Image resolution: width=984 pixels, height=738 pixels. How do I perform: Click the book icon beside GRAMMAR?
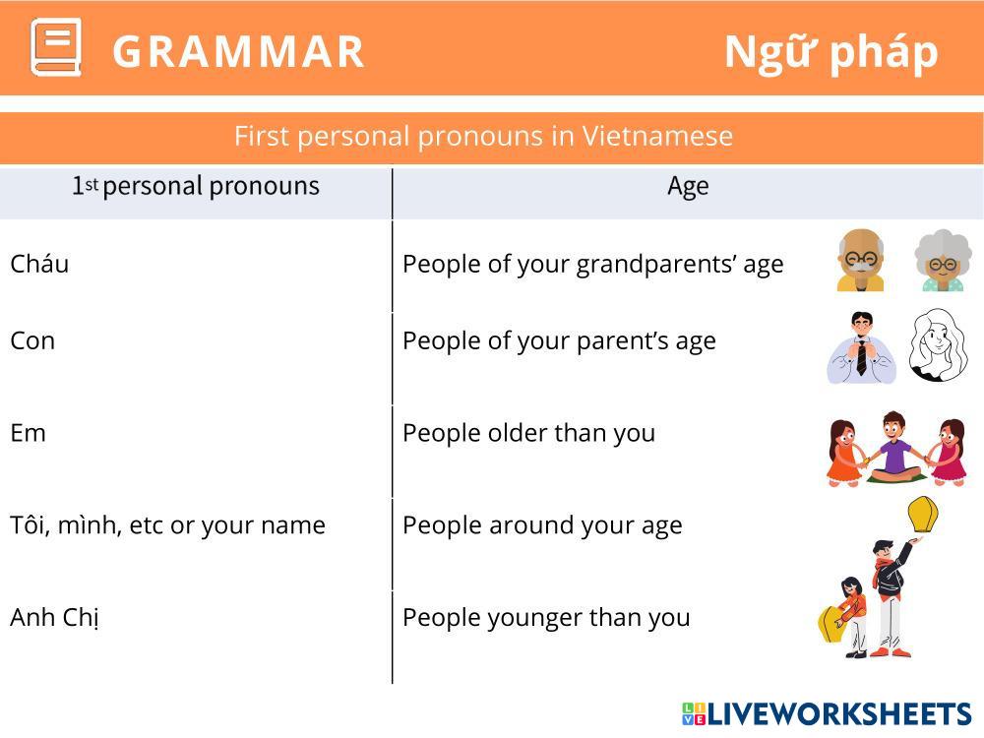pos(56,47)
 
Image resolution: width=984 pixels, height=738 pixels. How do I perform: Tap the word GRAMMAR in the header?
pos(238,51)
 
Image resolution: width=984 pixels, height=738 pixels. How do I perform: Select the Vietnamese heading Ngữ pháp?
pos(830,53)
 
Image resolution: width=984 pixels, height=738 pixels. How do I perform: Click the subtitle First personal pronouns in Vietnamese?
pos(483,136)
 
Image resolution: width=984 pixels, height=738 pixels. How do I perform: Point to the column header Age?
pos(688,186)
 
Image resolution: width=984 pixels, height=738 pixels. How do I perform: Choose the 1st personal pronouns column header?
pos(195,186)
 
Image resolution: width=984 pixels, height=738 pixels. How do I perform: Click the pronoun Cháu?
pos(39,264)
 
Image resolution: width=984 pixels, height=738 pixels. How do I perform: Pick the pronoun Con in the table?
pos(32,340)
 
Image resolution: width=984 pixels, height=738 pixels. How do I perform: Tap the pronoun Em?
pos(29,433)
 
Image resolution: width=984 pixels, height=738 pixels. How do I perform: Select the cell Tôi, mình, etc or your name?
pos(167,525)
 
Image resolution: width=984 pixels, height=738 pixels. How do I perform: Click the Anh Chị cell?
pos(54,618)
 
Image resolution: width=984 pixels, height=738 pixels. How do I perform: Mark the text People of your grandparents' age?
pos(593,264)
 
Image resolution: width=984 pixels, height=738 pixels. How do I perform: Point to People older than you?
pos(529,433)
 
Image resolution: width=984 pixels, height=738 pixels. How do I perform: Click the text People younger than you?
pos(546,618)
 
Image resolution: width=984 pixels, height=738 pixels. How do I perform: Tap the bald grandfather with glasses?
pos(860,261)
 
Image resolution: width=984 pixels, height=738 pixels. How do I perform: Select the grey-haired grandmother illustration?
pos(943,261)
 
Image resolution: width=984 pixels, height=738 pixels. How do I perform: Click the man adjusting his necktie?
pos(862,347)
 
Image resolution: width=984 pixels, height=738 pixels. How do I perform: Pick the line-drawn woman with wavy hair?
pos(938,344)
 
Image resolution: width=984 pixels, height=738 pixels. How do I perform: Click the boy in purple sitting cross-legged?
pos(893,447)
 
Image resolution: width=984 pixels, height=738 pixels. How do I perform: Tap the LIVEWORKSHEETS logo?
pos(827,714)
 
